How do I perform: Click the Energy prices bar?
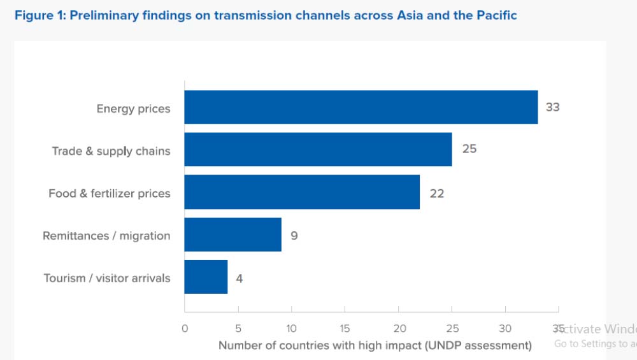pos(361,107)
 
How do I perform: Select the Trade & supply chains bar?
pos(318,150)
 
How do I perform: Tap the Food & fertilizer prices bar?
pos(302,192)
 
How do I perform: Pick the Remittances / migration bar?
pos(233,235)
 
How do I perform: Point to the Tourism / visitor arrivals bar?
pos(206,277)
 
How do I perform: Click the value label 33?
pos(552,107)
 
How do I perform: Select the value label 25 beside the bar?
pos(469,150)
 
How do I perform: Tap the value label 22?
pos(436,193)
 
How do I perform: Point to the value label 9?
pos(294,236)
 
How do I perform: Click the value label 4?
pos(239,278)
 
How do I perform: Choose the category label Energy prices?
pos(133,108)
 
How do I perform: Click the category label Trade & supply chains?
pos(111,151)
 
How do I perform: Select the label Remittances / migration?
pos(106,236)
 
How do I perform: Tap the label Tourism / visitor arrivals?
pos(107,278)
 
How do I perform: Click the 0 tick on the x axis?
pos(185,329)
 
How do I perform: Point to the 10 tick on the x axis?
pos(291,329)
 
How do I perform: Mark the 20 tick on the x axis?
pos(398,329)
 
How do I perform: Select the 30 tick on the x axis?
pos(505,329)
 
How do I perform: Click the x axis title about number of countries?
pos(375,345)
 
